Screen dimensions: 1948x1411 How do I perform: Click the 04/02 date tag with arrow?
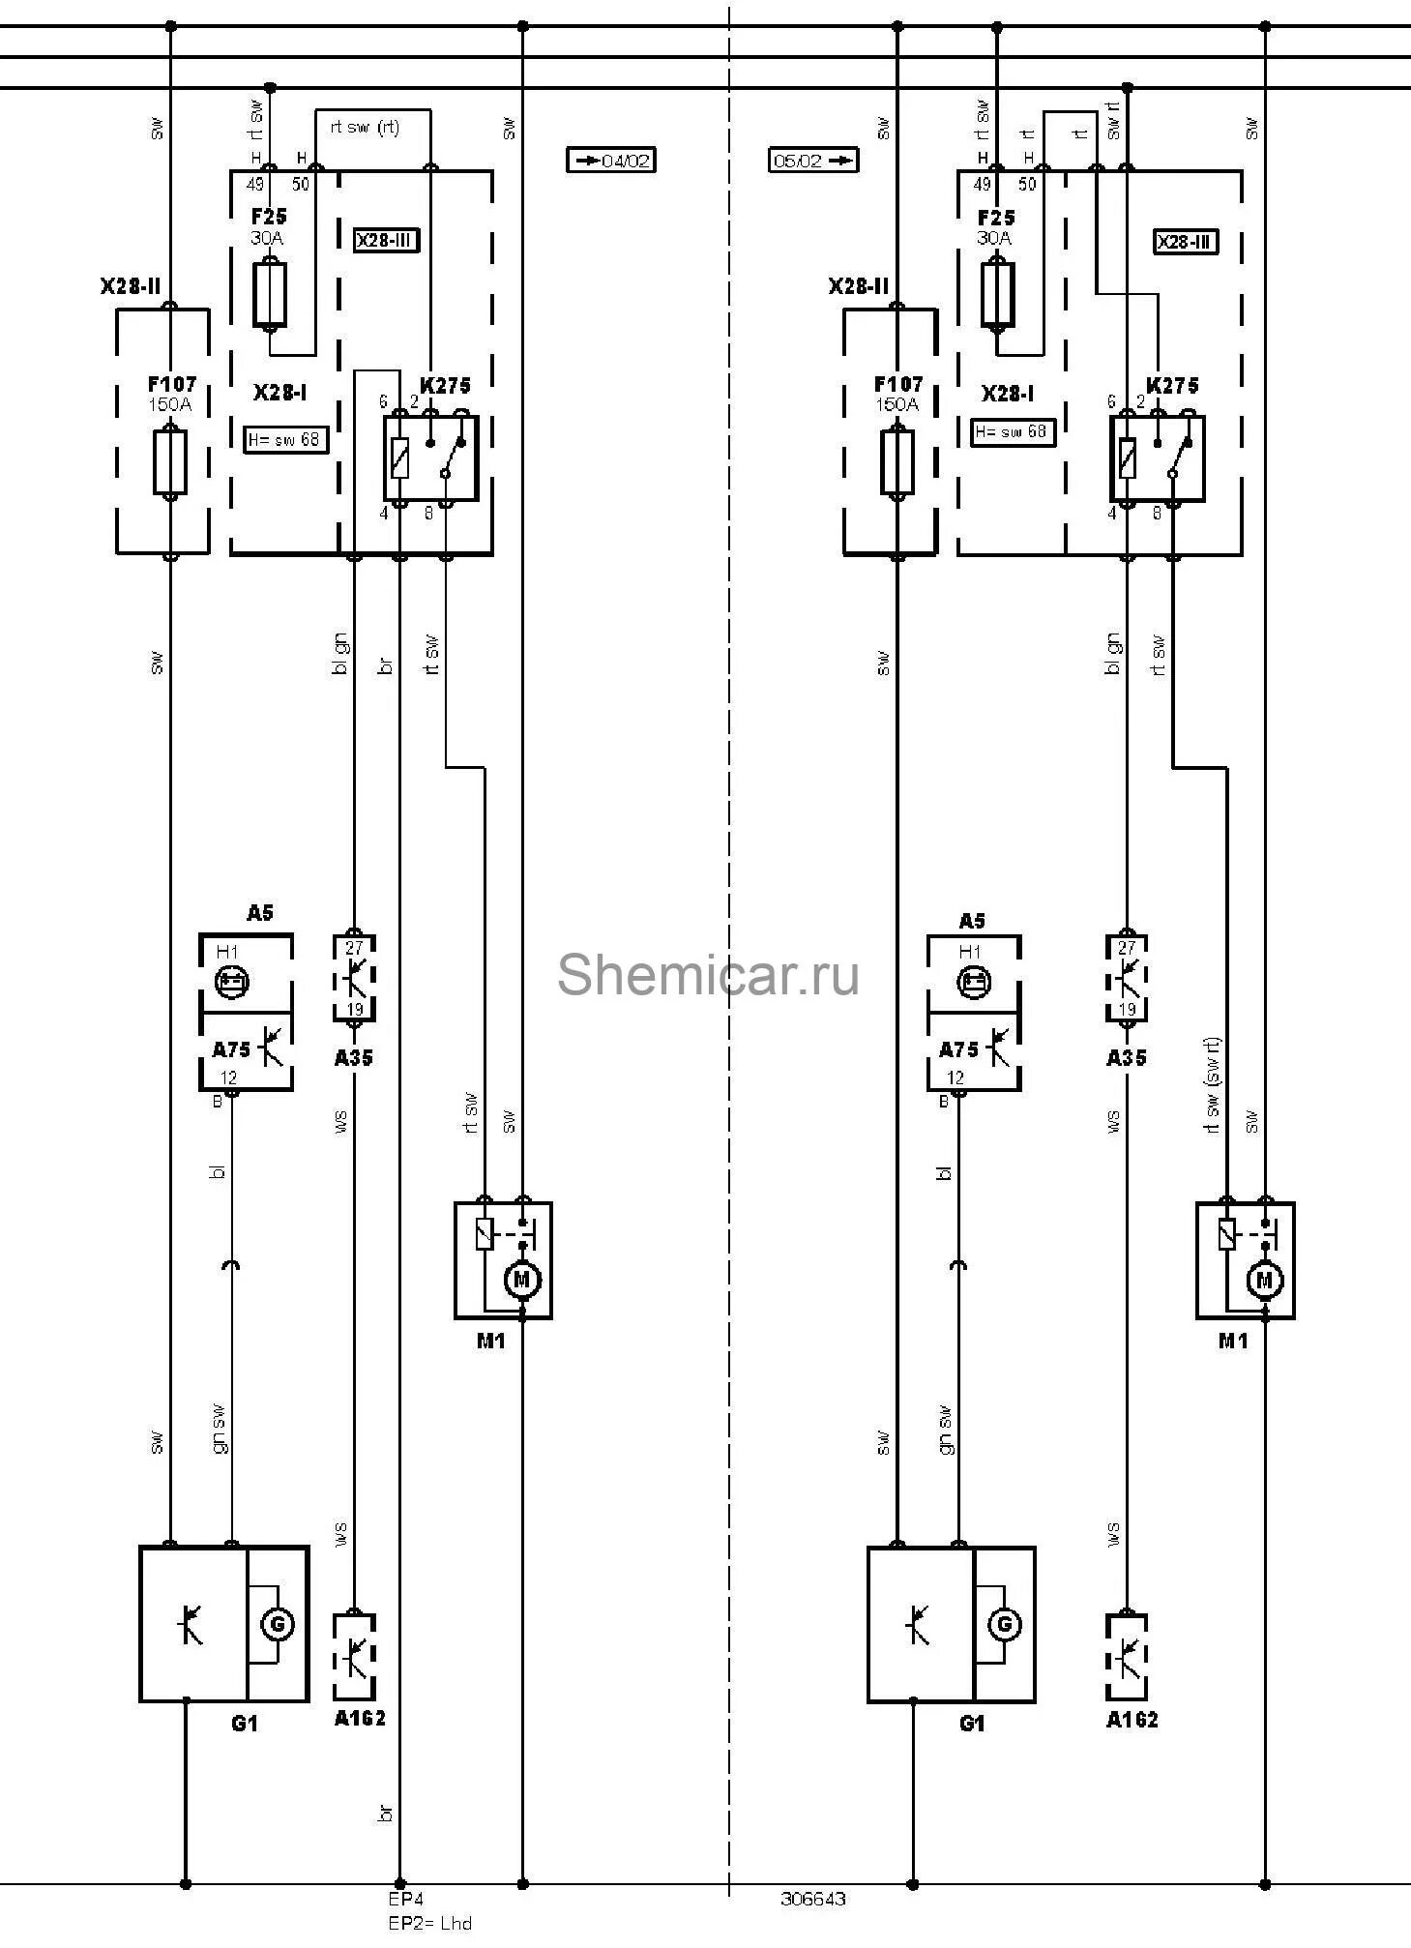[610, 160]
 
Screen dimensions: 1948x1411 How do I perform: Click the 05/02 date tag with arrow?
[813, 160]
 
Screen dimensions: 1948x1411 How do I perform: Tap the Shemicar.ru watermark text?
[707, 973]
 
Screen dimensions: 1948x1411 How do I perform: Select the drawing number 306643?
[812, 1899]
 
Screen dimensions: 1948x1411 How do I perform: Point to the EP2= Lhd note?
[429, 1923]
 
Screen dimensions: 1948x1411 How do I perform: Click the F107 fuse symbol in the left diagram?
[170, 462]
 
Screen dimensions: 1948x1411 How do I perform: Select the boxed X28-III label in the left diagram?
[387, 241]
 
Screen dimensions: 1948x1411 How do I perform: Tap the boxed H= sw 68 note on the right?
[1013, 431]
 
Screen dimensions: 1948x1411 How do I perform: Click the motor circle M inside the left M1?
[522, 1280]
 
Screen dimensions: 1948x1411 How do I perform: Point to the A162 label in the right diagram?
[1132, 1747]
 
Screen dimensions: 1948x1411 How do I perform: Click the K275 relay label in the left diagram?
[445, 386]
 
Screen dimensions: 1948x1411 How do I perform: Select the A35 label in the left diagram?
[354, 1058]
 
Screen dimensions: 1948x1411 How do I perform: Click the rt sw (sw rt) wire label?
[1214, 1085]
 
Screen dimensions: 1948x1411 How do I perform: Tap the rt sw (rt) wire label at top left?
[365, 127]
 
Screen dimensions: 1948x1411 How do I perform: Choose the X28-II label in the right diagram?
[858, 286]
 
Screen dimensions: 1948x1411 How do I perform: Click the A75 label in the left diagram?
[231, 1050]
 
